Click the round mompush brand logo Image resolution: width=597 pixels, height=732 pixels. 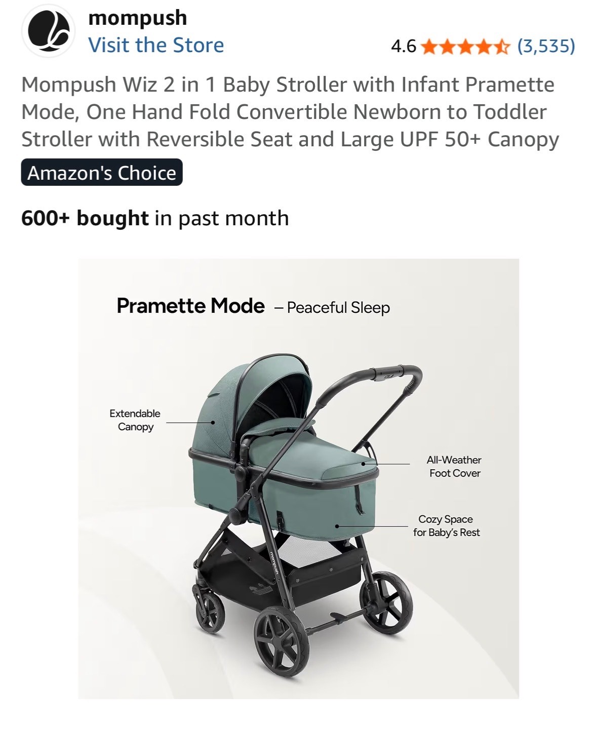pos(48,31)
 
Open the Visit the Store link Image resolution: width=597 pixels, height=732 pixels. pos(156,45)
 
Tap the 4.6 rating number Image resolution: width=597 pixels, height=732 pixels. pos(404,46)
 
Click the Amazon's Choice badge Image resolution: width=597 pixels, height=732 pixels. pos(102,173)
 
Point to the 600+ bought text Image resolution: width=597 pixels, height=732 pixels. pos(85,218)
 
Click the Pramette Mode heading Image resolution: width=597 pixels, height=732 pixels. pos(190,306)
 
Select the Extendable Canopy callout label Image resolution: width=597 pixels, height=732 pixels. pos(135,420)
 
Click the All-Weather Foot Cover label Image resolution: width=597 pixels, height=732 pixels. pos(454,466)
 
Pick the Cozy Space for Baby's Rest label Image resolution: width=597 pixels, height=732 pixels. pos(447,526)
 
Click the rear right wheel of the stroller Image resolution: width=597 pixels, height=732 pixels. pos(386,603)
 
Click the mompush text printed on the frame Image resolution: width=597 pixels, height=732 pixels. pos(274,562)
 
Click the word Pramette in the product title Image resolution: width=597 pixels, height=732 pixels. pos(510,85)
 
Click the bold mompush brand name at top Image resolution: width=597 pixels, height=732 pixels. pos(138,18)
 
